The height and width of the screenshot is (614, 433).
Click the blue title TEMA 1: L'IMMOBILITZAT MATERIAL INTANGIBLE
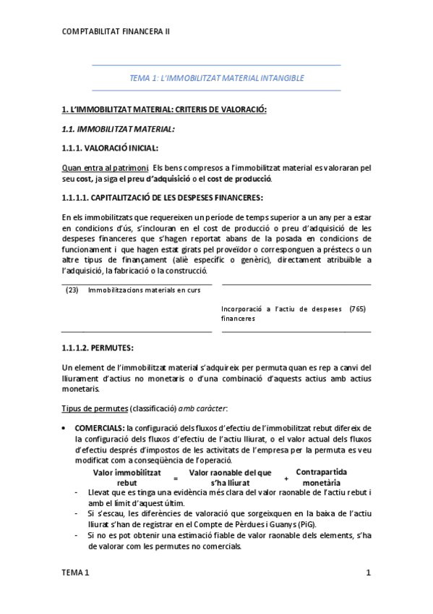click(x=216, y=77)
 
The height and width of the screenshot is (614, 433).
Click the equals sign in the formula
click(x=175, y=479)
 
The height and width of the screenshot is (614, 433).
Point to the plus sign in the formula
click(x=286, y=479)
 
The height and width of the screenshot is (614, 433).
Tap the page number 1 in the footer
click(x=368, y=573)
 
